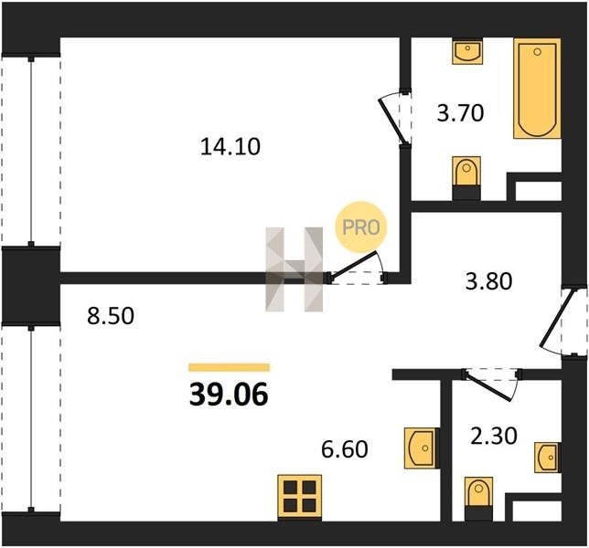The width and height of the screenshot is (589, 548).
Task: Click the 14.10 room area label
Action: click(230, 147)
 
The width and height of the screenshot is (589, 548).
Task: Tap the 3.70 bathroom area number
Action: click(460, 113)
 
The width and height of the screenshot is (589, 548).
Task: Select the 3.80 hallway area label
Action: click(488, 281)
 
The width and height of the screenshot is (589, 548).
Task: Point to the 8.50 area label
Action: click(111, 316)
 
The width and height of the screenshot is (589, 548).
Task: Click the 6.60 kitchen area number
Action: click(345, 449)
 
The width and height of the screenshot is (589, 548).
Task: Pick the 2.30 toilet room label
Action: click(494, 436)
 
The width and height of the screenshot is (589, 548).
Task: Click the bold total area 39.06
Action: click(229, 395)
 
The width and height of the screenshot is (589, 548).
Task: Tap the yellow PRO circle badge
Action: click(361, 227)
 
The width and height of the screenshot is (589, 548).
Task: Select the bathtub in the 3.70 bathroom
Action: click(537, 89)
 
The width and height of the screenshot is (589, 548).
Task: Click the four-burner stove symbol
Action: click(300, 498)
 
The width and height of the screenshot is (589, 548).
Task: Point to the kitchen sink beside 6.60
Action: click(422, 448)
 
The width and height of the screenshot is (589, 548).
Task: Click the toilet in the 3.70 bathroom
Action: click(466, 178)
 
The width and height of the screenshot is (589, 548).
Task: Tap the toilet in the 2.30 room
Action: click(478, 499)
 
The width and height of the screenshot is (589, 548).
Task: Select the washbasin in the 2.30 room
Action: click(548, 458)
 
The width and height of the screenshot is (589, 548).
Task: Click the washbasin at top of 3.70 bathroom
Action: click(467, 50)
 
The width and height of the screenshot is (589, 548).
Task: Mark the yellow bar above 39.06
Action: click(230, 367)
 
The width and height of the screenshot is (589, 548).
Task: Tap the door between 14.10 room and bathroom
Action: click(393, 121)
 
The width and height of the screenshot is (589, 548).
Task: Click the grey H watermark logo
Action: click(294, 269)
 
